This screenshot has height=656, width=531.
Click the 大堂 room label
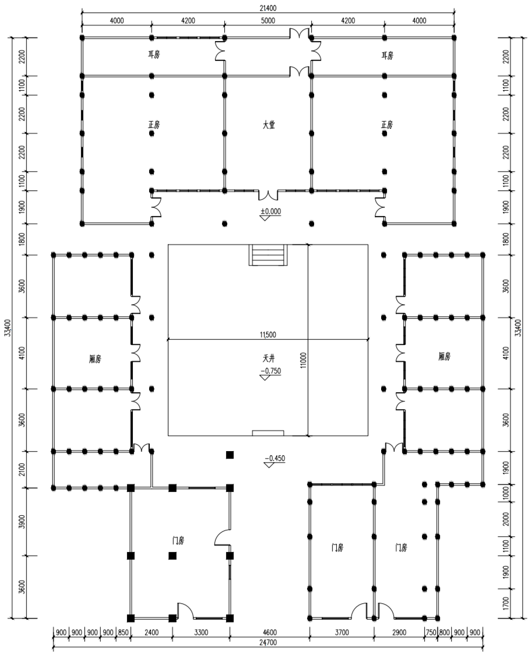pos(269,125)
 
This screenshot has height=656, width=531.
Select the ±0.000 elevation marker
pos(270,212)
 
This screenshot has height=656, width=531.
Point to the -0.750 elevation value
pos(271,371)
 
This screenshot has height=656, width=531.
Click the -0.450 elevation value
pos(275,458)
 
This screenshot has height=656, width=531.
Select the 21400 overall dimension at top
pos(268,8)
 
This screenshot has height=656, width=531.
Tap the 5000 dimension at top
pos(268,21)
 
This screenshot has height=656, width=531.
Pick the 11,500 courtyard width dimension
pos(268,335)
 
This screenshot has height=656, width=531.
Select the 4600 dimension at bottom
pos(270,632)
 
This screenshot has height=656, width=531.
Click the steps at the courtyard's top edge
pos(268,255)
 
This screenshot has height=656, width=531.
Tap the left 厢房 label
pos(95,359)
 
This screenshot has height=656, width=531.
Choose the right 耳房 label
pos(387,56)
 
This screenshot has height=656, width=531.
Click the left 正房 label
pos(154,125)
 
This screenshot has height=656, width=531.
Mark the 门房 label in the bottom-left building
pos(178,541)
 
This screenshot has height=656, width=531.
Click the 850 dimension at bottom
pos(123,632)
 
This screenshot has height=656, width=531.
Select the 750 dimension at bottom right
pos(431,632)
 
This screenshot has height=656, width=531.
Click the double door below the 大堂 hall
pos(268,195)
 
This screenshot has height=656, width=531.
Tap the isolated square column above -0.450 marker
pos(230,455)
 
